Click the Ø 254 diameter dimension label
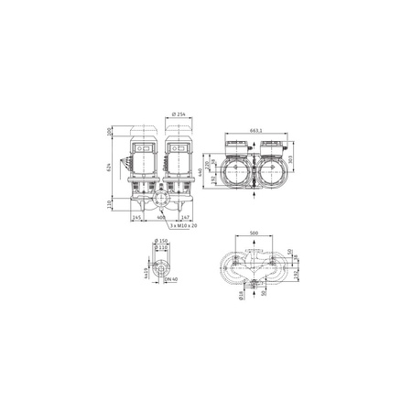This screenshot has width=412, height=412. pyautogui.click(x=179, y=114)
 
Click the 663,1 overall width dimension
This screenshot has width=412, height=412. pyautogui.click(x=255, y=130)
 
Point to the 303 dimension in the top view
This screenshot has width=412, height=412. pyautogui.click(x=289, y=158)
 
